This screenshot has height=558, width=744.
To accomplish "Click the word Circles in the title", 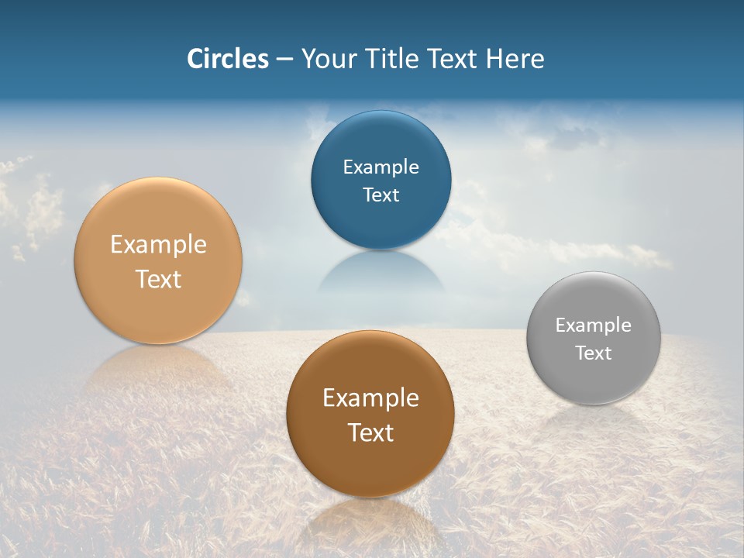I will [227, 59].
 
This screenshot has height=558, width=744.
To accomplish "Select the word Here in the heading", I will [515, 59].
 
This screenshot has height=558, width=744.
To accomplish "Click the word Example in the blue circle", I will [381, 167].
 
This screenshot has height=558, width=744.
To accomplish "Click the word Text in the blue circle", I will [381, 195].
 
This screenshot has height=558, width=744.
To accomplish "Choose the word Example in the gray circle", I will [593, 325].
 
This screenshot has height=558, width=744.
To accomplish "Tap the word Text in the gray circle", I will [593, 353].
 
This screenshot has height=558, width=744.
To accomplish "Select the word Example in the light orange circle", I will [158, 245].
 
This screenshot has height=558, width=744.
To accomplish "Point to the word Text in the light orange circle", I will [158, 279].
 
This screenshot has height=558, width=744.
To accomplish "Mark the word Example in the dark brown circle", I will [370, 398].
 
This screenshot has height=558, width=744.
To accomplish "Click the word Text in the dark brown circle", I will [370, 432].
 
